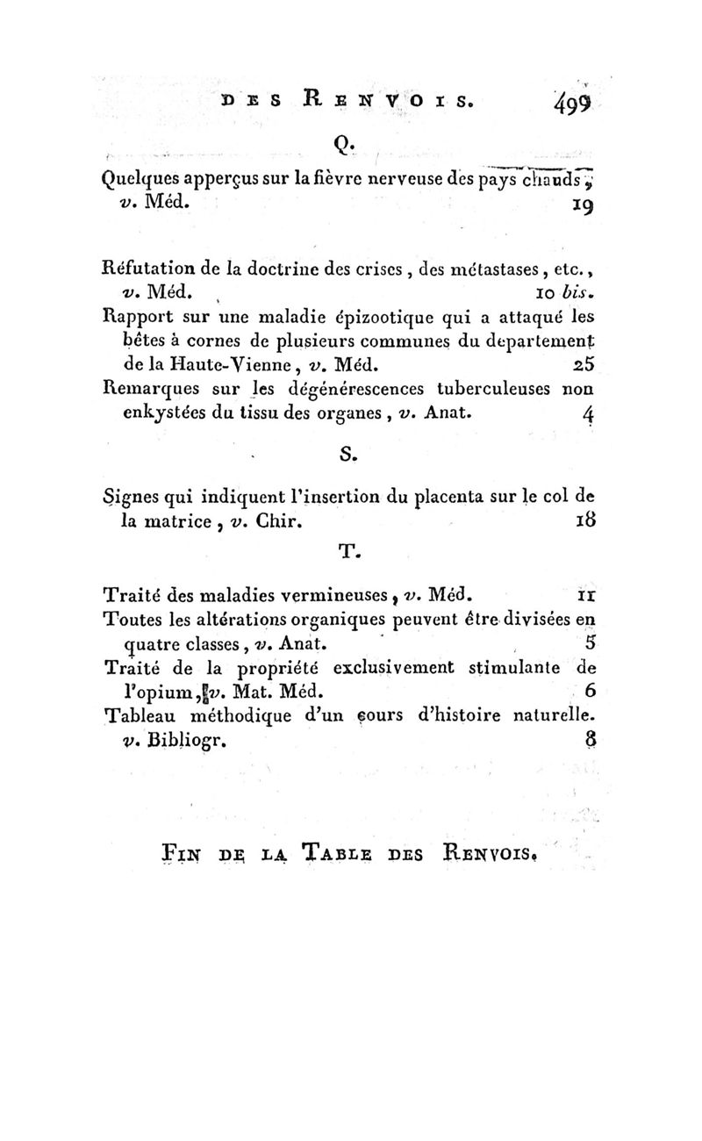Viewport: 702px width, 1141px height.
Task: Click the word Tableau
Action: pyautogui.click(x=142, y=714)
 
